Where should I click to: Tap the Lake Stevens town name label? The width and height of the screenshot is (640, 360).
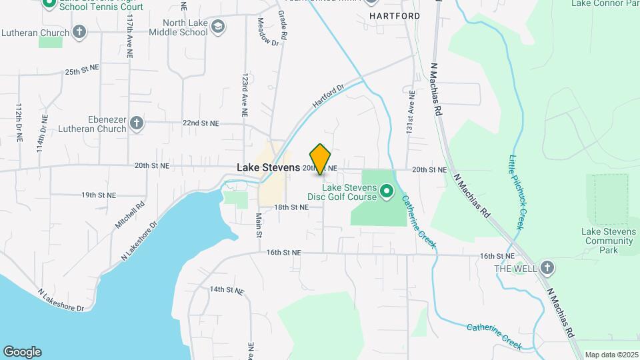pos(268,168)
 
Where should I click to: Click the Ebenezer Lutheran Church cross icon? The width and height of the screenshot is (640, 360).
pos(137,123)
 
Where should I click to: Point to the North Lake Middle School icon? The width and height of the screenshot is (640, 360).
pos(217,27)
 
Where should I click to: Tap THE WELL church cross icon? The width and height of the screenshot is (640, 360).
pos(547,268)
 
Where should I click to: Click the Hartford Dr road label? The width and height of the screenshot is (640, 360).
pos(328,97)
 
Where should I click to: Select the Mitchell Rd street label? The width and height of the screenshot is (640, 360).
pos(129,217)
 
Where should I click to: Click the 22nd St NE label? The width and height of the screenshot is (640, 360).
pos(201,123)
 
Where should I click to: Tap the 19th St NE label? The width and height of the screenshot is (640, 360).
pos(99,195)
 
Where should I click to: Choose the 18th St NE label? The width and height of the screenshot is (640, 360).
pos(291,207)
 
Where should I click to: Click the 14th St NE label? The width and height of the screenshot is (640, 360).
pos(227,290)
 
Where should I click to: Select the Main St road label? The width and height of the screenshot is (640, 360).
pos(259,225)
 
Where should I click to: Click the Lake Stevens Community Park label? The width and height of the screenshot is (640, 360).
pos(609,241)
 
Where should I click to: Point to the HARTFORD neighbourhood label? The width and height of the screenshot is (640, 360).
pos(395,15)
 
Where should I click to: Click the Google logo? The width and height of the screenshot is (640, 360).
pos(22,352)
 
